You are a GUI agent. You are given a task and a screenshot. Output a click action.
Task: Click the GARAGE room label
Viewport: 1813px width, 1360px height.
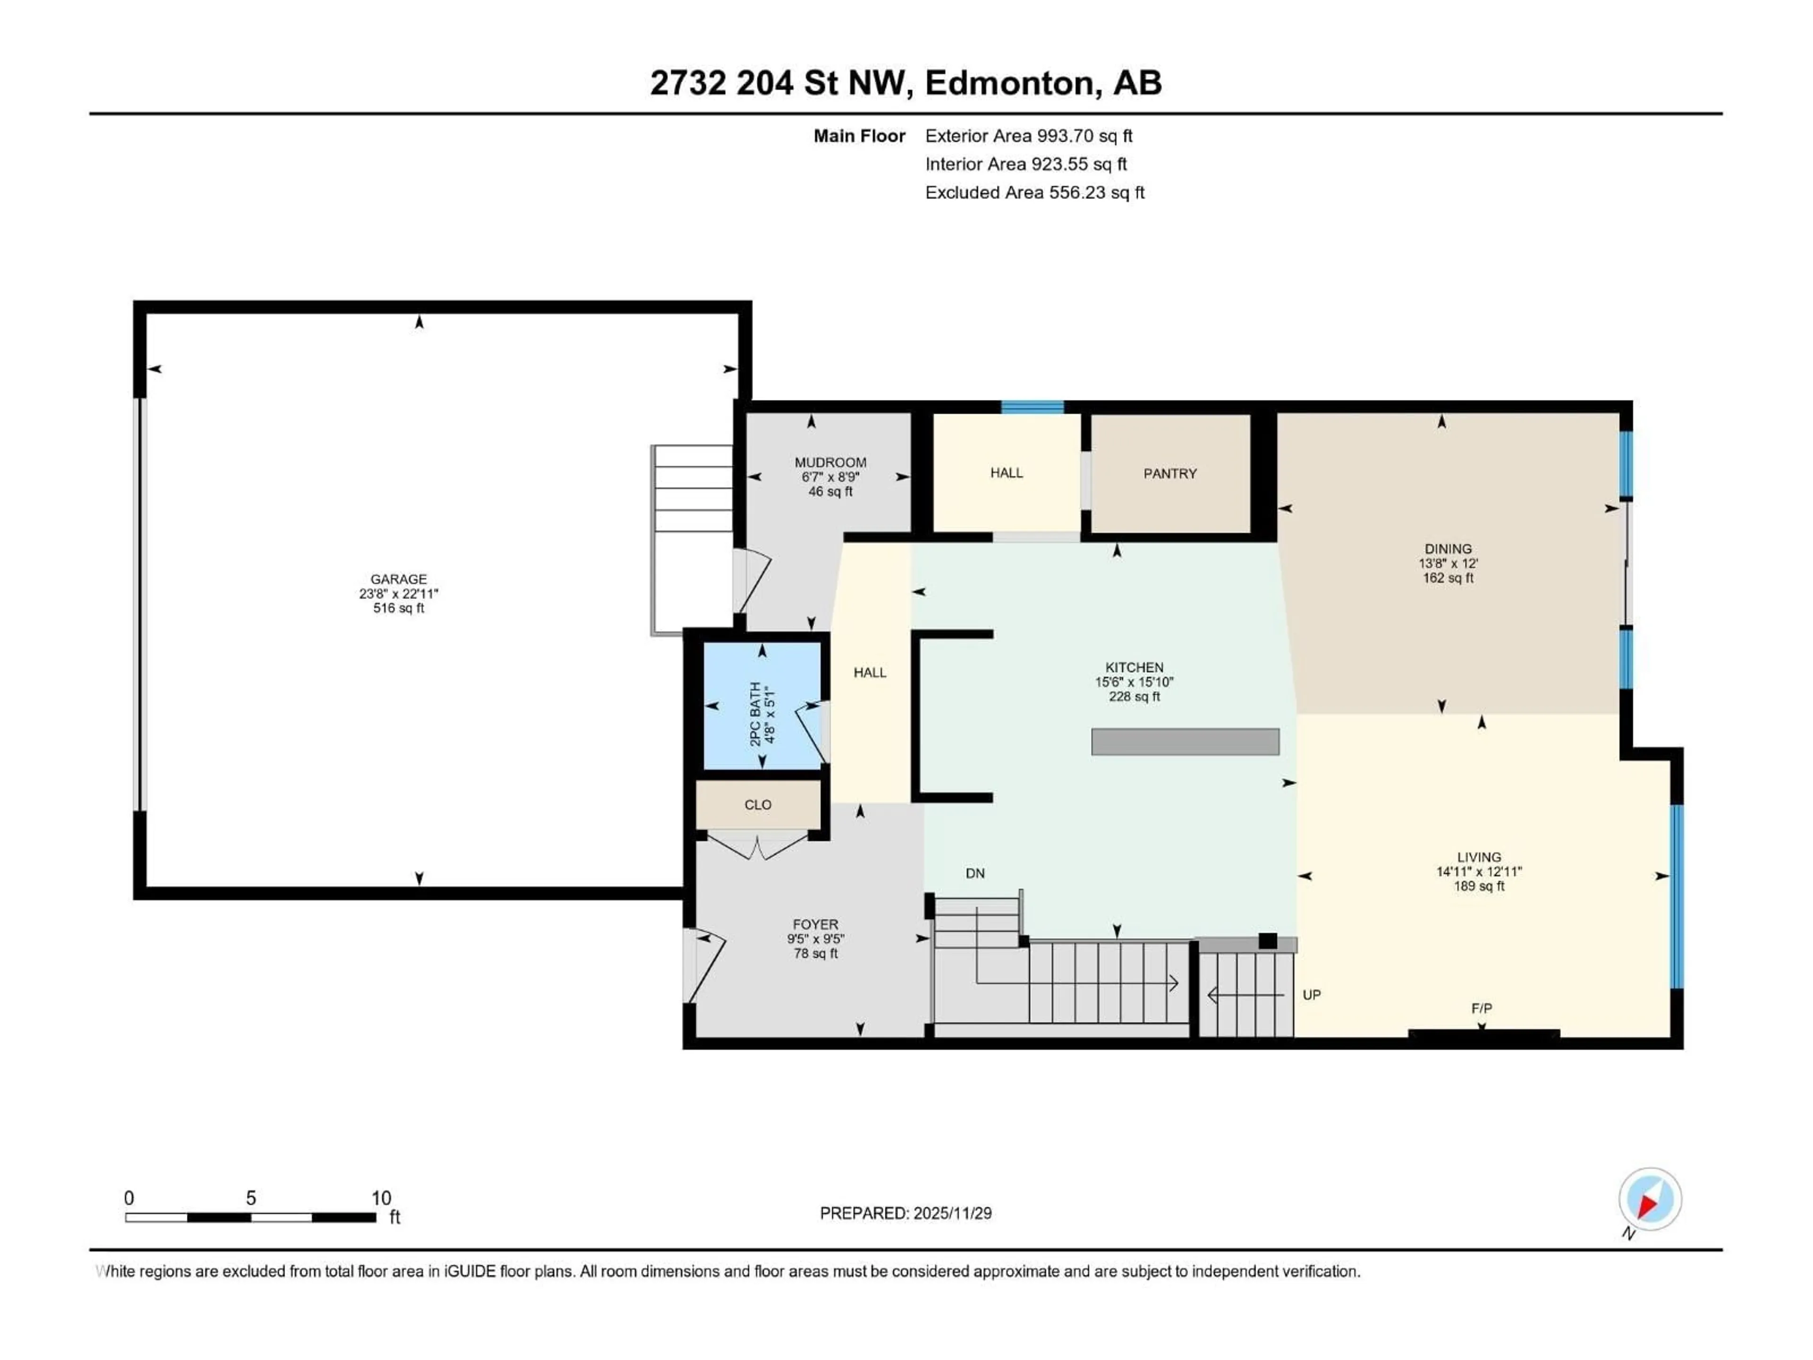(398, 579)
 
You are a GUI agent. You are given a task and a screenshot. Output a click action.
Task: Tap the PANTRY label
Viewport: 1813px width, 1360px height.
(1169, 474)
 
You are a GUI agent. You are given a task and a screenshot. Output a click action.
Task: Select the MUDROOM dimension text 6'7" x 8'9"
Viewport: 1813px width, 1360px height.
(830, 477)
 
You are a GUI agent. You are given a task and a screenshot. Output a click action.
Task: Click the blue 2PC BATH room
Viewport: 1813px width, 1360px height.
(762, 705)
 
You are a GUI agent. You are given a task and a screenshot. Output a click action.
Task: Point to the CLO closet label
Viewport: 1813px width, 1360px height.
(757, 805)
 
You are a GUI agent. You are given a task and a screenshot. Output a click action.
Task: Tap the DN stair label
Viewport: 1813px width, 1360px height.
(974, 874)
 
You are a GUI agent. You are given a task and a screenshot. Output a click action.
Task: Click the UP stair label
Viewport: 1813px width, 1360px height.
(1312, 995)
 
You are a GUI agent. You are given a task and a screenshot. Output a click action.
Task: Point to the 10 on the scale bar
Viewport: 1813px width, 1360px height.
(381, 1198)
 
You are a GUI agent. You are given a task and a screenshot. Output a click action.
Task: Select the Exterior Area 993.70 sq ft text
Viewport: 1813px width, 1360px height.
(1029, 136)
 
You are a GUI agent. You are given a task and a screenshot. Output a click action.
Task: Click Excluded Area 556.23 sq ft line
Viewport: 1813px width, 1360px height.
(1034, 193)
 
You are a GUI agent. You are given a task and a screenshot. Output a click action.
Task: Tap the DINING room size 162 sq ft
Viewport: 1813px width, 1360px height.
(1448, 578)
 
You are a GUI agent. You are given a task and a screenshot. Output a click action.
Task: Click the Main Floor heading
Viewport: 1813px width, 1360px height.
(859, 136)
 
